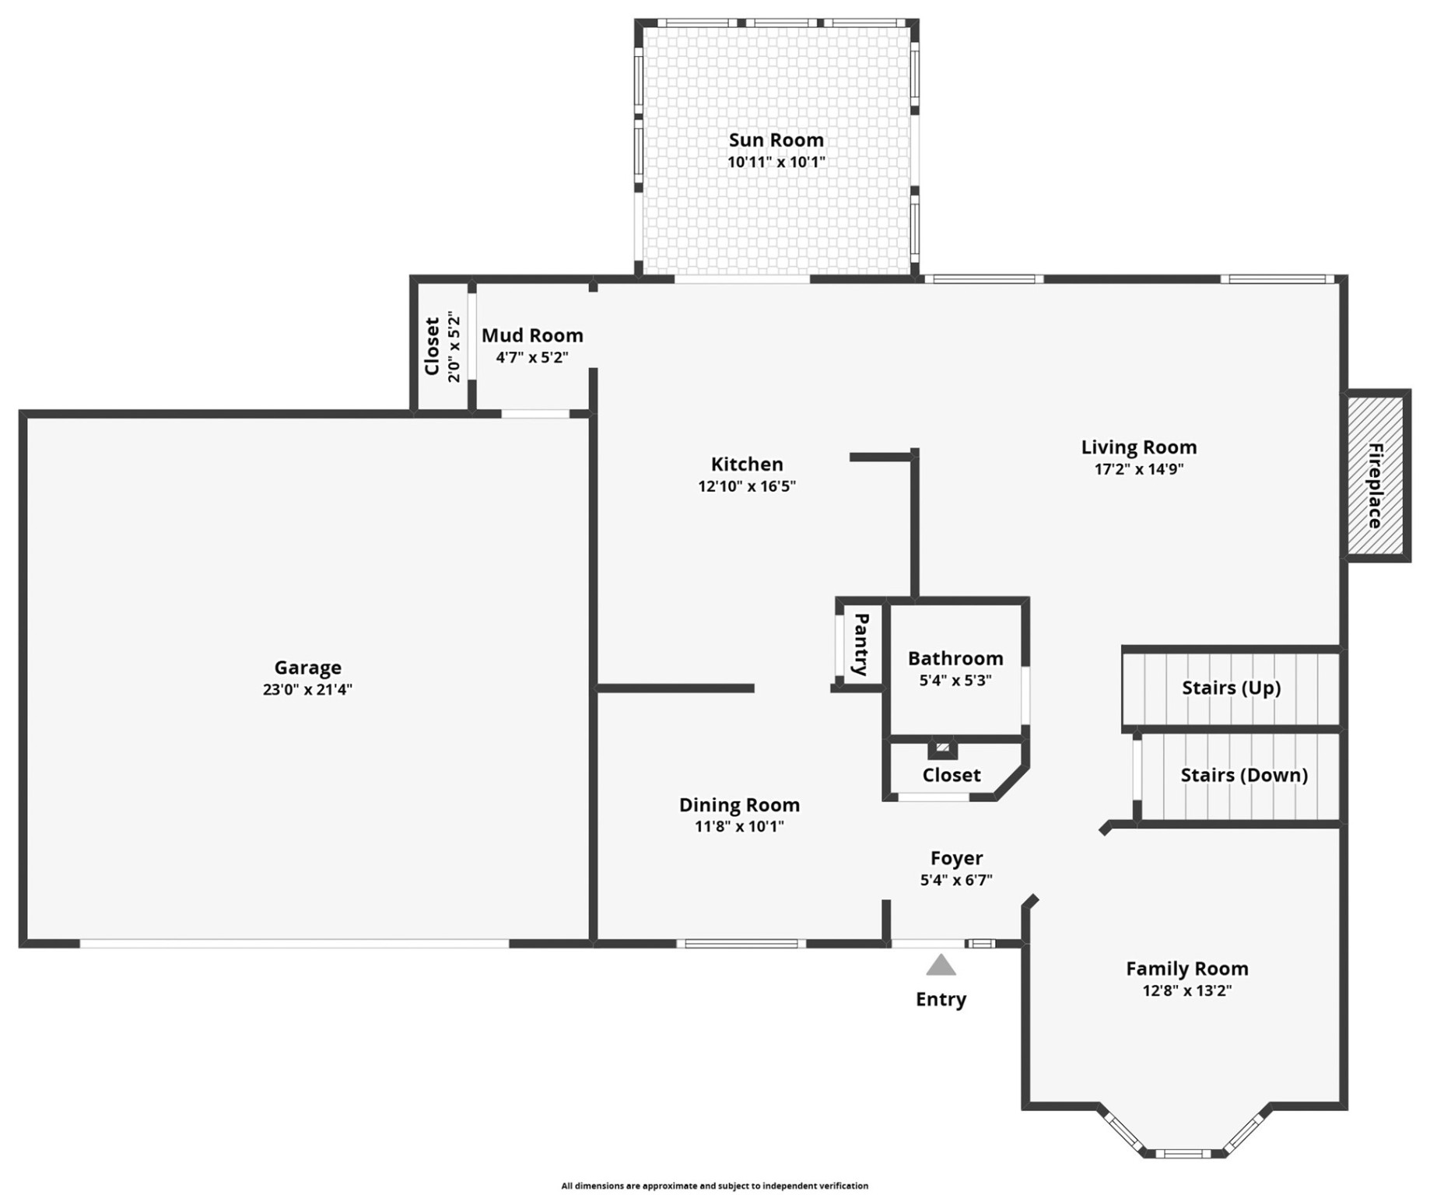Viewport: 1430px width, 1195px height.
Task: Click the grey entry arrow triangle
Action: point(940,966)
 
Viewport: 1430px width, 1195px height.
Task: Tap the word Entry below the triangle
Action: point(940,999)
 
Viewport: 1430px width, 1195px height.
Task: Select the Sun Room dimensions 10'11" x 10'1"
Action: point(776,163)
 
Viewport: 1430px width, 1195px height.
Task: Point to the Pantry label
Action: point(860,644)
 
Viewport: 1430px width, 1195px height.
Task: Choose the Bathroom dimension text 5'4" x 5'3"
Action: point(955,681)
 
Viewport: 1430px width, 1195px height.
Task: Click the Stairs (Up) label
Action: point(1230,688)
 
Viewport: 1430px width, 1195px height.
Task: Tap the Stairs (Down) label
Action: point(1242,775)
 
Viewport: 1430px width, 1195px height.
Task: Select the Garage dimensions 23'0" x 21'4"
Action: point(307,689)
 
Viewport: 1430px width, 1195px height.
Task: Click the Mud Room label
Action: point(532,335)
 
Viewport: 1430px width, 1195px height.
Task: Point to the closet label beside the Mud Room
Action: point(433,346)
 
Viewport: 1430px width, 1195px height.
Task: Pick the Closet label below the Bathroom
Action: point(951,775)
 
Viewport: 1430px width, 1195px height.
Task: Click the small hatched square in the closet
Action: point(941,748)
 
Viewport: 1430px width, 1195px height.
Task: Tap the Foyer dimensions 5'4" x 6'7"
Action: point(955,881)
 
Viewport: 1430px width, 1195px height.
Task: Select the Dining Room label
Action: point(739,804)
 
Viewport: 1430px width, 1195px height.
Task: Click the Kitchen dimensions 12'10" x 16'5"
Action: point(746,486)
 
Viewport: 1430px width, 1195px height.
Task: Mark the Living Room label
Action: point(1138,447)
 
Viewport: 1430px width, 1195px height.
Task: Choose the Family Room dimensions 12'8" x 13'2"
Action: point(1186,990)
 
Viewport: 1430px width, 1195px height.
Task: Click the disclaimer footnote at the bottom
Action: point(714,1186)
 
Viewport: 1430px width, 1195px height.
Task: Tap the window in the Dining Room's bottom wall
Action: point(741,944)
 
